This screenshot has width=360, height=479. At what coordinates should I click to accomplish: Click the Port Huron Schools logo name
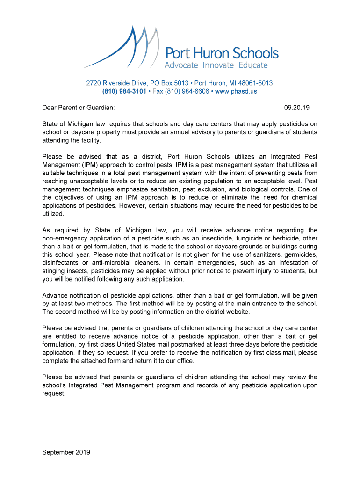[x=222, y=53]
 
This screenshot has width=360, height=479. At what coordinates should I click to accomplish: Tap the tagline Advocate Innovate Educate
[x=216, y=65]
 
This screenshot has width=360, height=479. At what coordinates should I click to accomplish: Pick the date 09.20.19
[x=297, y=108]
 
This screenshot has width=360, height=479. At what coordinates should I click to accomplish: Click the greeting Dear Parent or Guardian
[x=78, y=108]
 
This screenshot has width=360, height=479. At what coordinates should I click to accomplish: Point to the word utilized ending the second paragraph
[x=53, y=213]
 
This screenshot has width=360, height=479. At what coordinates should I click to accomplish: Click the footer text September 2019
[x=66, y=452]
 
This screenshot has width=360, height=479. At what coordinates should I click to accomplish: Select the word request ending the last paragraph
[x=53, y=393]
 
